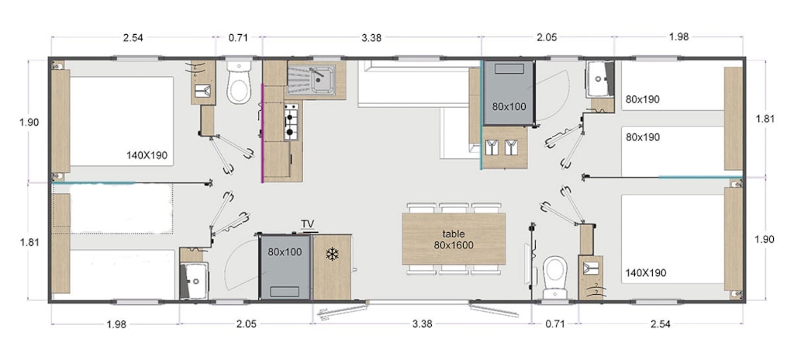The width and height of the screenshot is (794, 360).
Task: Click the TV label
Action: pos(307,223)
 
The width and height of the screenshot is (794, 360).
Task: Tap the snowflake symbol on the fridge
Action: pos(332,254)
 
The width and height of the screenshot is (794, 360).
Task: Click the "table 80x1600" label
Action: pos(453,239)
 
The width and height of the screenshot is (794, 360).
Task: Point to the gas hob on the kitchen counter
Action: pos(291,122)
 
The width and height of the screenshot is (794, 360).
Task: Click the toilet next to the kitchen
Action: pos(239,82)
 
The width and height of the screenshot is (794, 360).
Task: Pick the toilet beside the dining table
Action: pos(555,277)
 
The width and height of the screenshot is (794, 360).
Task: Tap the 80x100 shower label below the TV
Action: pos(285,251)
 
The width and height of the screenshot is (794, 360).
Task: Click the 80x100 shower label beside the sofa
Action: pos(509,106)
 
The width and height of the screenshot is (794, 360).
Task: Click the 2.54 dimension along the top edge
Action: pos(132,37)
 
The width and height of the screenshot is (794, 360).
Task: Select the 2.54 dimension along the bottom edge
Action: pos(661,324)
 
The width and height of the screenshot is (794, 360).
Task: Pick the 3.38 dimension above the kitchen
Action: pos(371,37)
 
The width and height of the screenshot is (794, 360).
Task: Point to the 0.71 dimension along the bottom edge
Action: pos(555,324)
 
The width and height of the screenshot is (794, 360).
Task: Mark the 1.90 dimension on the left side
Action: pos(29,122)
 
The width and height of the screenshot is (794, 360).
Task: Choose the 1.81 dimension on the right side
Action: pos(764,119)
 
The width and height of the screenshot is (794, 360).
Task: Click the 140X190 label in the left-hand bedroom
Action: pos(147,155)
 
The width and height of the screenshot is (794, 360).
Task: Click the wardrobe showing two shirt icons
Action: pos(504,147)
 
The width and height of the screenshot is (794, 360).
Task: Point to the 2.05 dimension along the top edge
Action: pos(547,37)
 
